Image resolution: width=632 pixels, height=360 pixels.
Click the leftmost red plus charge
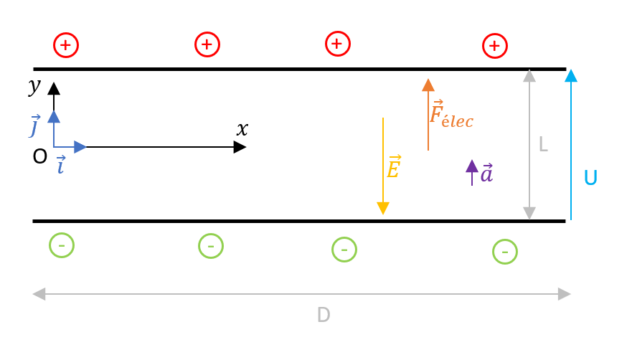66,45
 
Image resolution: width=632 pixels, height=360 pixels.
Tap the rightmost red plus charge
494,46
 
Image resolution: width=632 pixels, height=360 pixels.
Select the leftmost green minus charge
62,245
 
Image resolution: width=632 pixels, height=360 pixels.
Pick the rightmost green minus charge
505,252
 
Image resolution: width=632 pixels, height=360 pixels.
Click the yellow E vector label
393,168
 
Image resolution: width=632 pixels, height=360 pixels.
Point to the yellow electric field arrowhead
383,208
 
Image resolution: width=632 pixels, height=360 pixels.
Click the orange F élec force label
451,114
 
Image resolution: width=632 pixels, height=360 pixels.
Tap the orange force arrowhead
428,85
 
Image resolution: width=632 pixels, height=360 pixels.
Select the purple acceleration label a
487,173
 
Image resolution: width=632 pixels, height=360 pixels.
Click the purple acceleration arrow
472,171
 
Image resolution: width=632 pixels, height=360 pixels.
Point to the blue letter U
590,178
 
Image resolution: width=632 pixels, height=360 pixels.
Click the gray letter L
543,144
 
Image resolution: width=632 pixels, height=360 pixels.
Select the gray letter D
324,315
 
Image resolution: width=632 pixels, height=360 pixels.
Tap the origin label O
40,157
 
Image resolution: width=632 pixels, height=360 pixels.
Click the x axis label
242,129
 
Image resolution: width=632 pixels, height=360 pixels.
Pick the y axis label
34,86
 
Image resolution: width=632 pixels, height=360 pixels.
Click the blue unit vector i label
61,165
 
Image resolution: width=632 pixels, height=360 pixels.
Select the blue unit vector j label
34,126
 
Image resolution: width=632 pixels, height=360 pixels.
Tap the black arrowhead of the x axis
240,147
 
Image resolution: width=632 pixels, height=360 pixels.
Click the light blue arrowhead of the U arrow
571,76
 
